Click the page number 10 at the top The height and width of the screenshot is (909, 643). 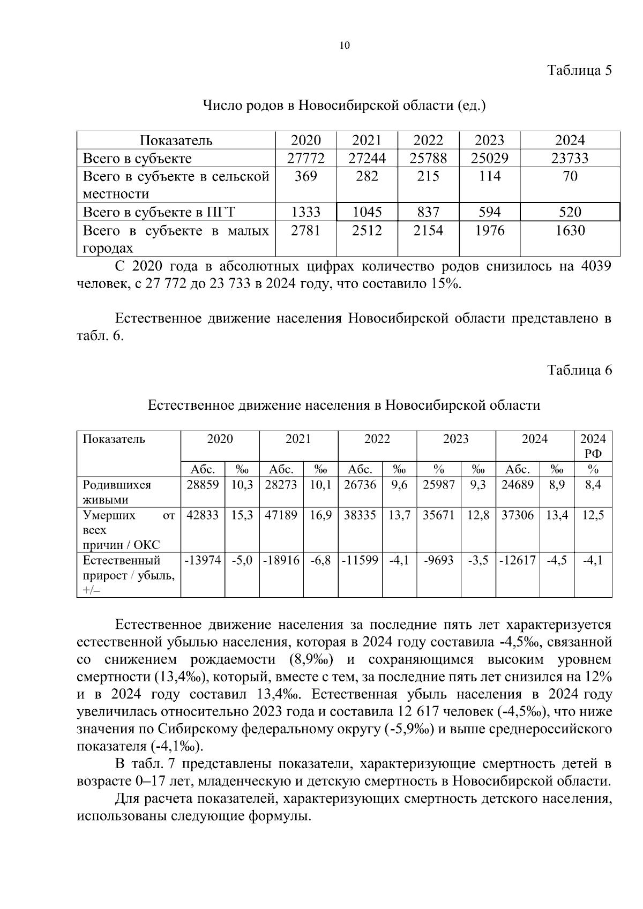click(345, 46)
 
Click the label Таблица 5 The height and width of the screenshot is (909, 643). click(579, 70)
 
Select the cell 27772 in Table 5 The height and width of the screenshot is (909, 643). click(305, 159)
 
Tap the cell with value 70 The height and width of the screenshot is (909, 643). click(570, 176)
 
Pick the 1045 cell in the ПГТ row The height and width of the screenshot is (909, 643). click(367, 212)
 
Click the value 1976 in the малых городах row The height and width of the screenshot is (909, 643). click(489, 231)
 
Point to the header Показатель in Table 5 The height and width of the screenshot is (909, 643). click(176, 140)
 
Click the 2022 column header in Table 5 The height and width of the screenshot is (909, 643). click(428, 140)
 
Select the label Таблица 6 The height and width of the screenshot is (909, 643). click(579, 370)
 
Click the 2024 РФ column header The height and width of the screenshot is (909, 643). click(593, 446)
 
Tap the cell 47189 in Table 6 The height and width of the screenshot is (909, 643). click(281, 515)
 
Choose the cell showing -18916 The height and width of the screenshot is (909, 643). click(281, 561)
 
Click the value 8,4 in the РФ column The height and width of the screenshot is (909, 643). click(593, 485)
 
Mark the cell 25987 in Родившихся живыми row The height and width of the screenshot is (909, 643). click(438, 485)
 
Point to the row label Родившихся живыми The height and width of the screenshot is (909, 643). click(117, 492)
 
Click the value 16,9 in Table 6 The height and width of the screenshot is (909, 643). click(320, 515)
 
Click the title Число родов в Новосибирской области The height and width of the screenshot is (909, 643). click(344, 106)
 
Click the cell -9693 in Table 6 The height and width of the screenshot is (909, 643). click(438, 561)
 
